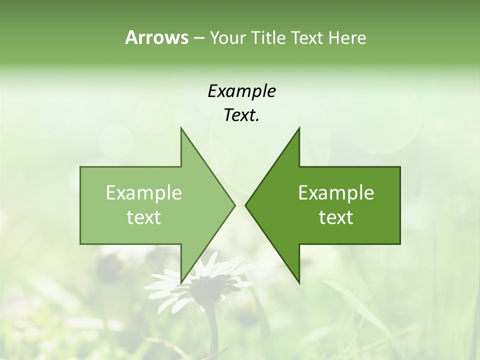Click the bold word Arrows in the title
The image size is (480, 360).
tap(156, 37)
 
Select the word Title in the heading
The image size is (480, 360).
tap(268, 37)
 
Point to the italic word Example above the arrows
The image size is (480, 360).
tap(241, 91)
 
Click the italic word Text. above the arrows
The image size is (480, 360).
tap(241, 115)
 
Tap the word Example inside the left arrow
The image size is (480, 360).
tap(144, 192)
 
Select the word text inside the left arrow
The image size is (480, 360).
tap(144, 217)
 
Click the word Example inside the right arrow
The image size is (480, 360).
tap(336, 192)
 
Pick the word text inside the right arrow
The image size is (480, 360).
tap(336, 217)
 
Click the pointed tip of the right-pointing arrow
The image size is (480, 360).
tap(234, 205)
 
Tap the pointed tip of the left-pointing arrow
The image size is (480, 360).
tap(246, 205)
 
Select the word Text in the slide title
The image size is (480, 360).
tap(306, 37)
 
